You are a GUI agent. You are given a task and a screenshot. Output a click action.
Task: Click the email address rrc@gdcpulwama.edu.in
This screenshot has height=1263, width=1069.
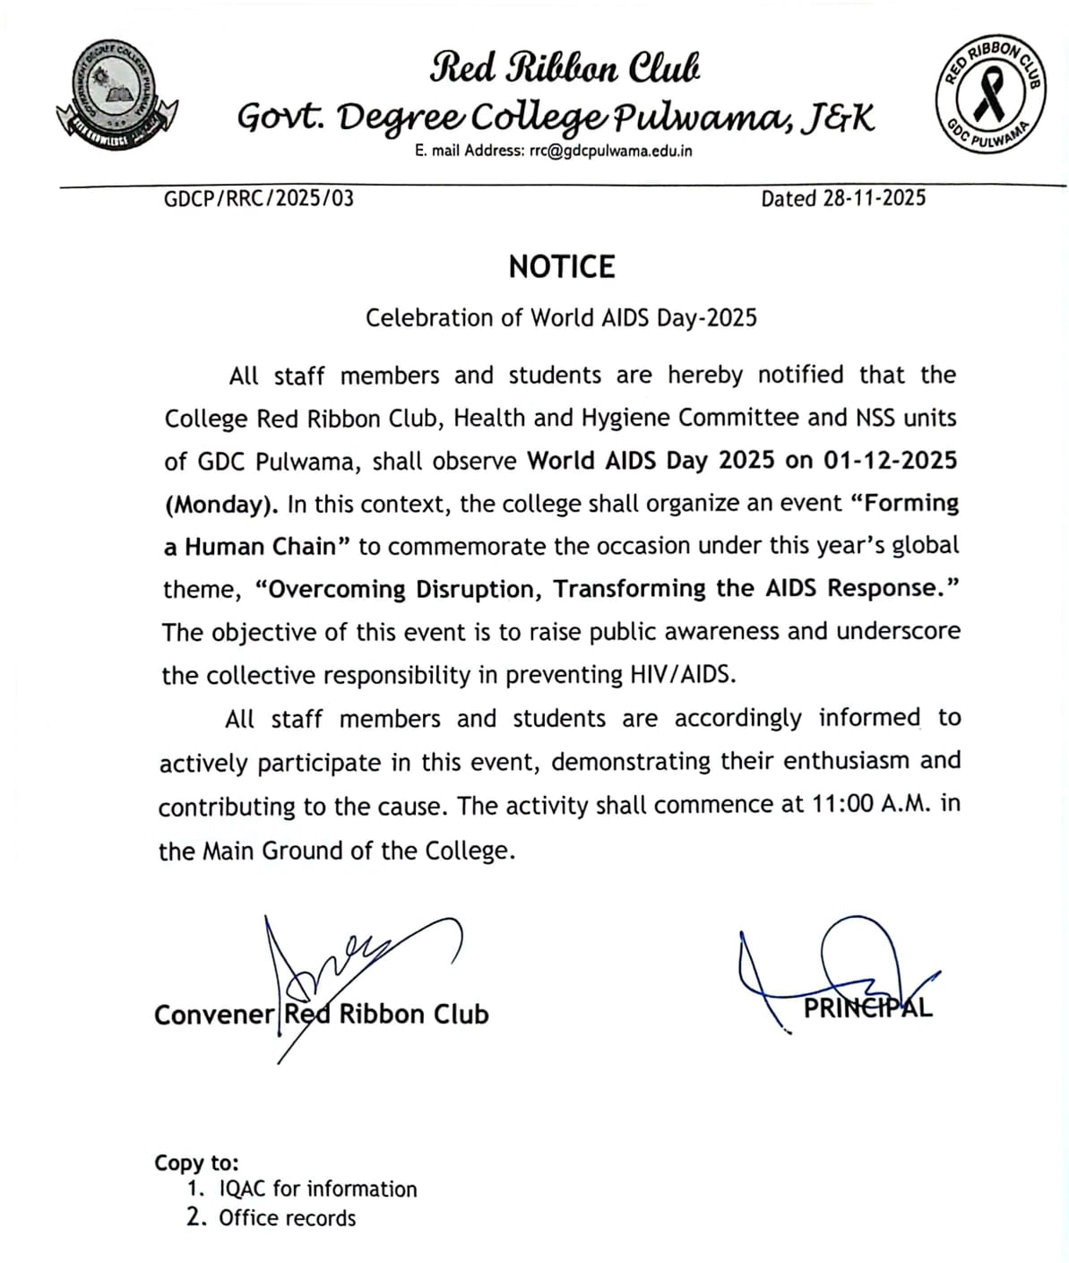(x=610, y=151)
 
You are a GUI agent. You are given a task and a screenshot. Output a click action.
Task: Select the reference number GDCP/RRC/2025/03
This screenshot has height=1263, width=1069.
(x=259, y=198)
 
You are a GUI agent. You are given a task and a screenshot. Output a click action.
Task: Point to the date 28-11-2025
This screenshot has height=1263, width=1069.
(x=874, y=198)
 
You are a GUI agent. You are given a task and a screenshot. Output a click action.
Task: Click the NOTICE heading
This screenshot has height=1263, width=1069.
(x=562, y=267)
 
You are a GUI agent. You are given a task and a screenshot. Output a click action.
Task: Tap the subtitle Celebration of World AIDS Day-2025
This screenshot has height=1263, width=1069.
(x=561, y=318)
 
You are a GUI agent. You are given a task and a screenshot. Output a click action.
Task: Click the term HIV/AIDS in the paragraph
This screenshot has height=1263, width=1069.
(x=683, y=675)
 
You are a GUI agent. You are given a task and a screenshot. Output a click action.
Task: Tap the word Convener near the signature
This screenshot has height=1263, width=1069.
(x=214, y=1015)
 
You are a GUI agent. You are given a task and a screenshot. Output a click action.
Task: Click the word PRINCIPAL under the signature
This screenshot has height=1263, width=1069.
(x=867, y=1008)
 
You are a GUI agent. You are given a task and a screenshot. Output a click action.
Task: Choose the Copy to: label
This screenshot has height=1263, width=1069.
(x=196, y=1163)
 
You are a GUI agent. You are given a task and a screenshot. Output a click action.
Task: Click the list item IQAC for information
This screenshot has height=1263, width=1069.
(x=318, y=1189)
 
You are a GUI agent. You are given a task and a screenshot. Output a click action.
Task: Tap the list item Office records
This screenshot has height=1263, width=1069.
(x=287, y=1218)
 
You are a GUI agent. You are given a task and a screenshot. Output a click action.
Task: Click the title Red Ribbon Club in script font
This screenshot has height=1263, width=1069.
(x=565, y=68)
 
